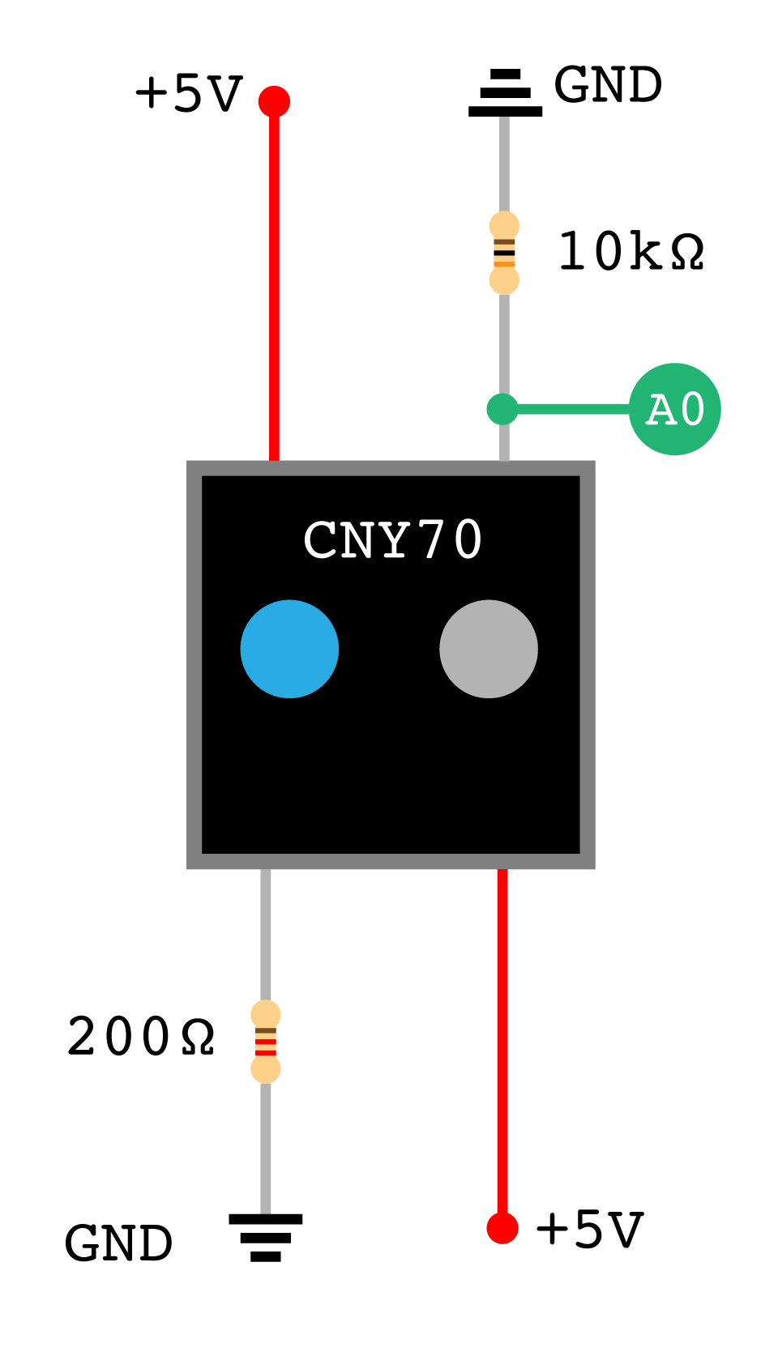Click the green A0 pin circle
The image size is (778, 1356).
(x=674, y=409)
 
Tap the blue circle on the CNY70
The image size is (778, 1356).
(x=289, y=649)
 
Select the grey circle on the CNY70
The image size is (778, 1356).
(x=489, y=649)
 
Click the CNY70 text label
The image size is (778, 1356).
(x=393, y=540)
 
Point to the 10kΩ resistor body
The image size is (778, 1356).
(x=504, y=253)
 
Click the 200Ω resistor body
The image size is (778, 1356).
(x=266, y=1042)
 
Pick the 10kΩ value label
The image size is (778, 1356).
(x=631, y=252)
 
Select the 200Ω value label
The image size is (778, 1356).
(x=140, y=1038)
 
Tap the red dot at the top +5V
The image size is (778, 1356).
(x=274, y=101)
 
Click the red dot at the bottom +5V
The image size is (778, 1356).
(x=502, y=1228)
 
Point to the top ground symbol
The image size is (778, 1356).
(x=505, y=93)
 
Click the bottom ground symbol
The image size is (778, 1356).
(x=266, y=1237)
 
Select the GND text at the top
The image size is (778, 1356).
(x=608, y=86)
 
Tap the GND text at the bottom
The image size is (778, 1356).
(x=118, y=1244)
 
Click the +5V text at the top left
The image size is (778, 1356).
(x=188, y=94)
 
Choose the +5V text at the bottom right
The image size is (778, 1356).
(x=589, y=1230)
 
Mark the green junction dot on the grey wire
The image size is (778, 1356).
(x=502, y=409)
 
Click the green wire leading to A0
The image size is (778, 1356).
(x=571, y=409)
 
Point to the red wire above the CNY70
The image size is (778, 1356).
(x=274, y=284)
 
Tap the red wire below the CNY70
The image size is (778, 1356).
(x=502, y=1045)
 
